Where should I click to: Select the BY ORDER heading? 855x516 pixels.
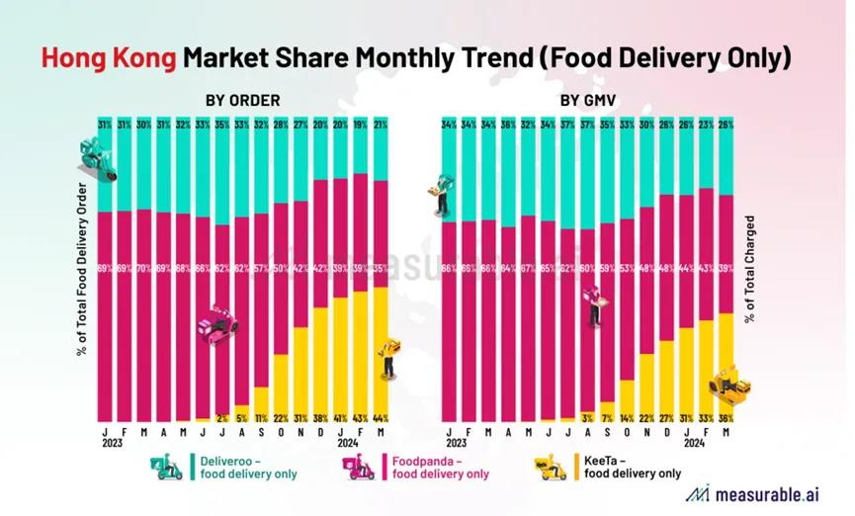243,100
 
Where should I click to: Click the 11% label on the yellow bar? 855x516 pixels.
262,418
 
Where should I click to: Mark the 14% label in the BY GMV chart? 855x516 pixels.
626,418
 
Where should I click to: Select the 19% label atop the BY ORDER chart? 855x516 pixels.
361,125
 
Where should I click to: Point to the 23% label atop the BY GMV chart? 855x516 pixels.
706,125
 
